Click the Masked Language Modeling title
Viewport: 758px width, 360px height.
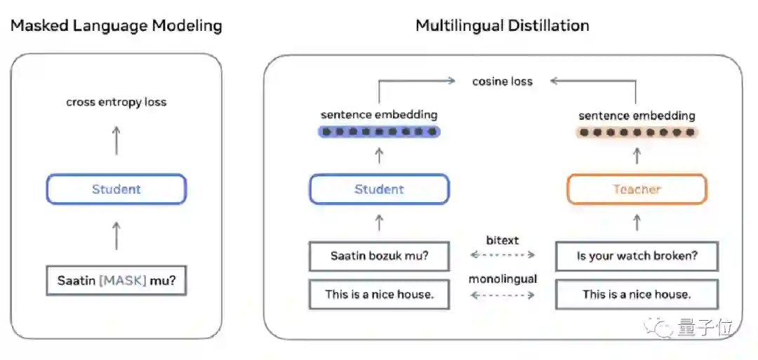[x=116, y=27]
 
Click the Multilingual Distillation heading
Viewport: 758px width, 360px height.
[x=502, y=26]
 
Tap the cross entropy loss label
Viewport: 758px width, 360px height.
[x=117, y=102]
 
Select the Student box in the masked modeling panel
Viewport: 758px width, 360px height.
[x=117, y=189]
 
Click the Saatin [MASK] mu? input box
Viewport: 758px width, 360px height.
[x=117, y=281]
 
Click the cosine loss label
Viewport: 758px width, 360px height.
[x=502, y=81]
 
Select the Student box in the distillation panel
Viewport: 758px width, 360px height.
[x=379, y=189]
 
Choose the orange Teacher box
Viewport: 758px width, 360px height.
[x=637, y=189]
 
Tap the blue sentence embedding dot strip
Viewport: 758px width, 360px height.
[x=379, y=131]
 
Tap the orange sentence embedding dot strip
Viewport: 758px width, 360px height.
[x=637, y=132]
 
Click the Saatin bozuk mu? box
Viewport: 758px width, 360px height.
[x=379, y=256]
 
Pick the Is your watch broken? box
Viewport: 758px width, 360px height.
[x=637, y=256]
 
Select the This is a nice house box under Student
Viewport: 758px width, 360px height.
[x=379, y=294]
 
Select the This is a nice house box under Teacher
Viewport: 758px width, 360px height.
[x=637, y=294]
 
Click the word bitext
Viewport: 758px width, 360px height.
[x=503, y=241]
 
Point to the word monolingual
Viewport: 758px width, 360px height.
[x=503, y=279]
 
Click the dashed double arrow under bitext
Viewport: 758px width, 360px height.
[x=503, y=255]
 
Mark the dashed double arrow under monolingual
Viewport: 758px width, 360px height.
[x=503, y=295]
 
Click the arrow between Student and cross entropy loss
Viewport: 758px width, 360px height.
[x=117, y=140]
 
